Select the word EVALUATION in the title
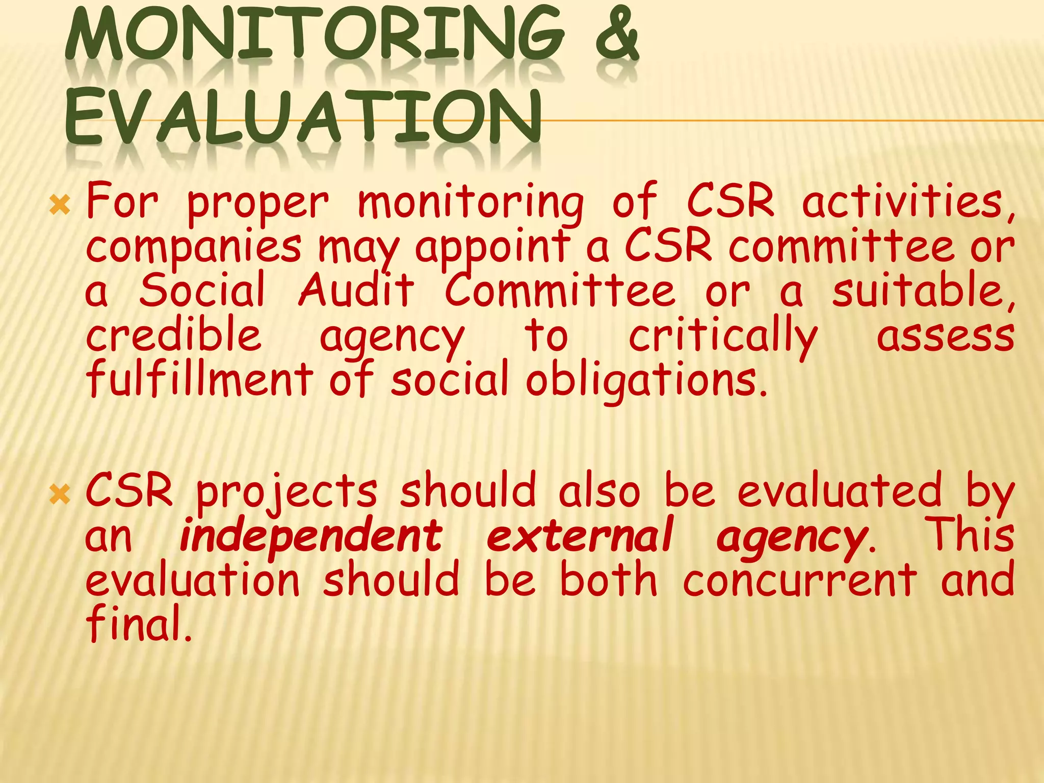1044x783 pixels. [303, 118]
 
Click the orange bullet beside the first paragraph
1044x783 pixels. [60, 205]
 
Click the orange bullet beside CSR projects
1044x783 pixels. [60, 493]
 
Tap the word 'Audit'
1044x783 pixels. [356, 291]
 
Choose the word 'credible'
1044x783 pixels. [173, 335]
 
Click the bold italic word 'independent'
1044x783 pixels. [311, 536]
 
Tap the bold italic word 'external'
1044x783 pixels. [580, 536]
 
